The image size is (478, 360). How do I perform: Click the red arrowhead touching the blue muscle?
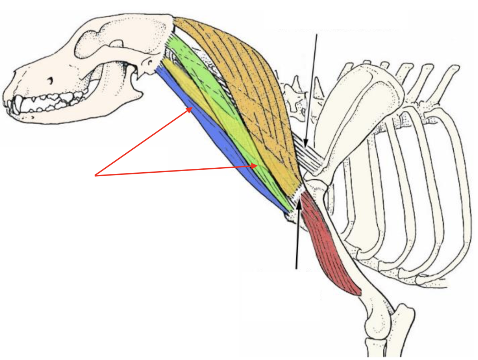[x=190, y=109]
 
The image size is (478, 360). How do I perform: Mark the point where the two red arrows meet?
[x=95, y=175]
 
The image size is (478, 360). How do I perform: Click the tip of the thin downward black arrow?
[x=305, y=147]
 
